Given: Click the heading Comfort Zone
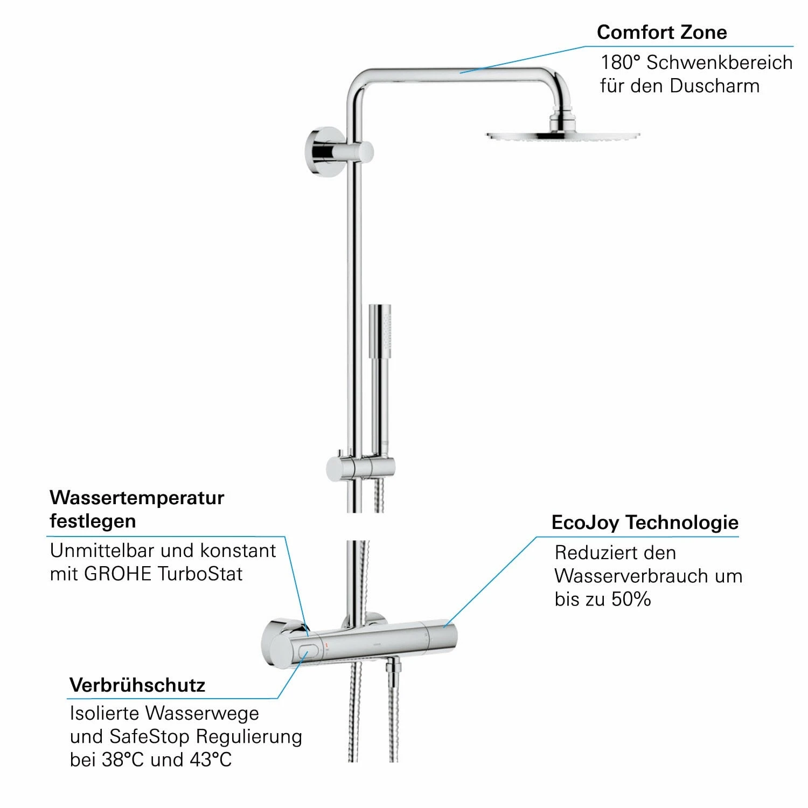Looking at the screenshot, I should tap(661, 32).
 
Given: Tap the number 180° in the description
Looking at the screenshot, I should tap(621, 62).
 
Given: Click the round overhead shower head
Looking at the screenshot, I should tap(563, 135).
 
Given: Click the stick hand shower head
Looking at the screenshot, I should tap(380, 331).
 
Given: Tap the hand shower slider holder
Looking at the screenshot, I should tap(361, 467).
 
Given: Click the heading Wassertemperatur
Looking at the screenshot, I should tap(137, 498).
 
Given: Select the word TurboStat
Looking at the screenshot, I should tap(200, 574).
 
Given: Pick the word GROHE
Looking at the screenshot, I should tap(119, 574).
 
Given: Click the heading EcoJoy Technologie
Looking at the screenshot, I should tap(645, 523).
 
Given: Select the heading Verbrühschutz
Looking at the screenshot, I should tap(137, 685).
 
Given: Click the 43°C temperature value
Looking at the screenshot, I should tap(211, 760).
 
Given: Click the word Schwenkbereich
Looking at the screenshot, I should tap(719, 62).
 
